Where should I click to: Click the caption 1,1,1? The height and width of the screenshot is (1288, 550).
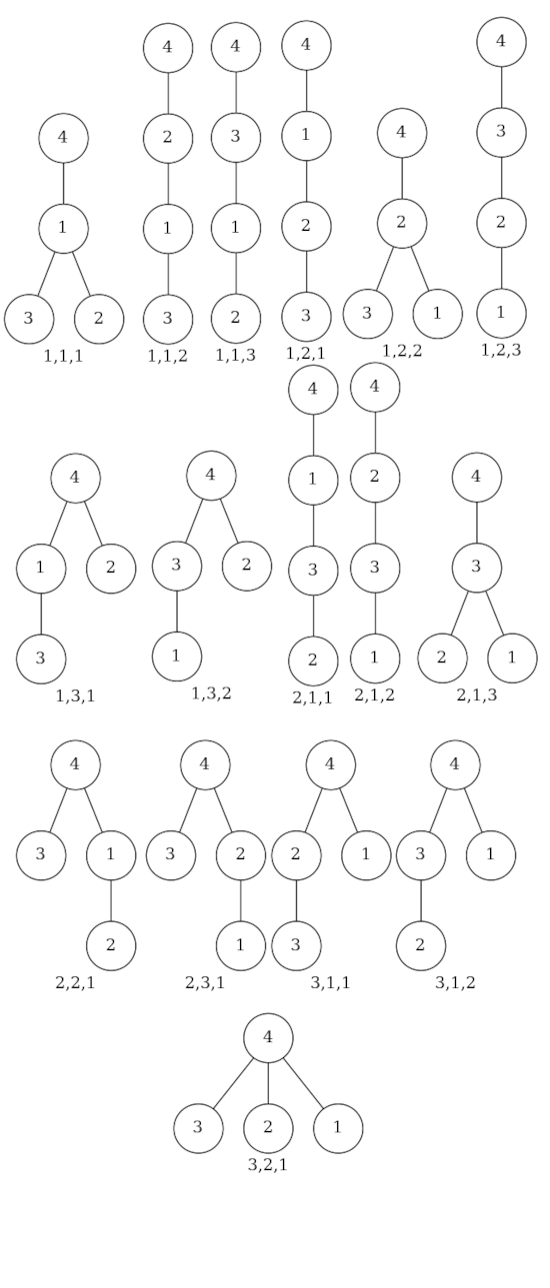click(63, 357)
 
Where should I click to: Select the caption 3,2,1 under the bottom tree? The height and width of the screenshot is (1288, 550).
click(268, 1164)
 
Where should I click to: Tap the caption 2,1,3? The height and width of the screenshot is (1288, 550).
click(477, 694)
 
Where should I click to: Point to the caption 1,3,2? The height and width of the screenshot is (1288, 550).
click(211, 693)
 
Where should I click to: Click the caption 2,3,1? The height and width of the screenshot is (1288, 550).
click(205, 982)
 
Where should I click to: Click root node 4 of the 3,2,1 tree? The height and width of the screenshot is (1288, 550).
click(268, 1038)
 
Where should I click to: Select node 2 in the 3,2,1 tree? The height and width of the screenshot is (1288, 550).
click(268, 1128)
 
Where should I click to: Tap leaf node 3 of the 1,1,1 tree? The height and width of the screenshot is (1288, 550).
click(29, 319)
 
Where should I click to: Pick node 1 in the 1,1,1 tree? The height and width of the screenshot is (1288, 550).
click(63, 228)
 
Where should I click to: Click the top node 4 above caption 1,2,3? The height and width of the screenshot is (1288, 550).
click(501, 42)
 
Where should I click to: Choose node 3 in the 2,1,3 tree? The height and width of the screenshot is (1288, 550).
click(476, 568)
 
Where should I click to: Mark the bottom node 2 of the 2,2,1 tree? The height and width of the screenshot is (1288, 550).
click(111, 946)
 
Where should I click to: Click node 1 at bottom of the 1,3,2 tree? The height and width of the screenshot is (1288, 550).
click(177, 656)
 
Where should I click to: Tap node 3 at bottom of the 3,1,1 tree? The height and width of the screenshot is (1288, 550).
click(296, 946)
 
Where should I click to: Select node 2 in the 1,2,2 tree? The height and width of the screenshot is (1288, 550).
click(402, 223)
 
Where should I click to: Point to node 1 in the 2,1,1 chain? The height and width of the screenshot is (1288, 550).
click(313, 480)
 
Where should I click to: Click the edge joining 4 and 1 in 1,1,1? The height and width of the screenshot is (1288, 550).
click(63, 184)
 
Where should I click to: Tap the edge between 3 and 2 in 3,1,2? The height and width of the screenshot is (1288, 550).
click(421, 900)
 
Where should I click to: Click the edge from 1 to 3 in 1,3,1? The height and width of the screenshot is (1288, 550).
click(41, 614)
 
